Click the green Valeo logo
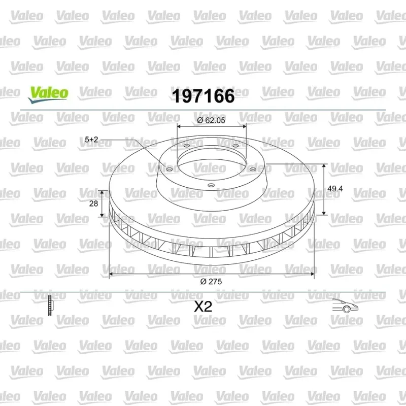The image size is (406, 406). tap(48, 95)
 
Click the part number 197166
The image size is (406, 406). tap(204, 96)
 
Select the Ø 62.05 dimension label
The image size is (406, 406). tap(211, 120)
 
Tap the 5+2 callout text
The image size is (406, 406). tap(91, 140)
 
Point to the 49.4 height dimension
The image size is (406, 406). tap(335, 189)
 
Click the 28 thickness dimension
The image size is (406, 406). tap(93, 204)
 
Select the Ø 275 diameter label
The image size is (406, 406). tap(211, 282)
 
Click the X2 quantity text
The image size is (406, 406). tap(204, 307)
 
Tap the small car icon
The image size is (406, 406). tap(345, 306)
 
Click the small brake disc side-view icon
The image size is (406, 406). tap(50, 306)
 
